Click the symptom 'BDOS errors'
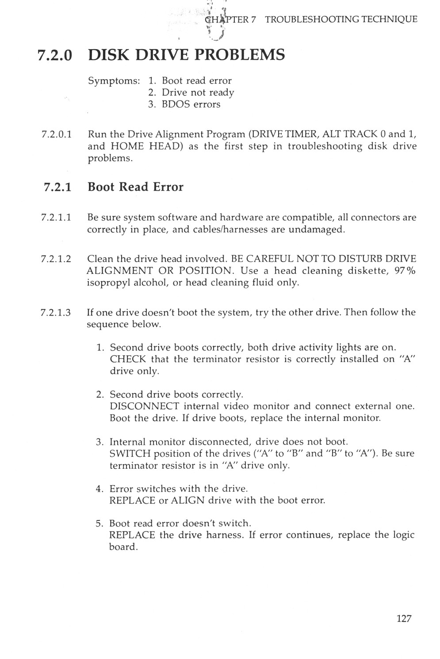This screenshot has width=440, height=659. point(191,104)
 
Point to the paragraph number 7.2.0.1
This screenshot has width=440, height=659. point(56,134)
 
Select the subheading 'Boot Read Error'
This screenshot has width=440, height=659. point(135,187)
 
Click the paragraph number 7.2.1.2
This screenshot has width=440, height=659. point(56,259)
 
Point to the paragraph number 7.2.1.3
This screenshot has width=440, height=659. point(56,313)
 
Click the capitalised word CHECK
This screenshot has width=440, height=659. point(128,359)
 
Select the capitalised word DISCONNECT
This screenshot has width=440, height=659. point(144,406)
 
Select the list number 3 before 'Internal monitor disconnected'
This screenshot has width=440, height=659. point(99,442)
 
